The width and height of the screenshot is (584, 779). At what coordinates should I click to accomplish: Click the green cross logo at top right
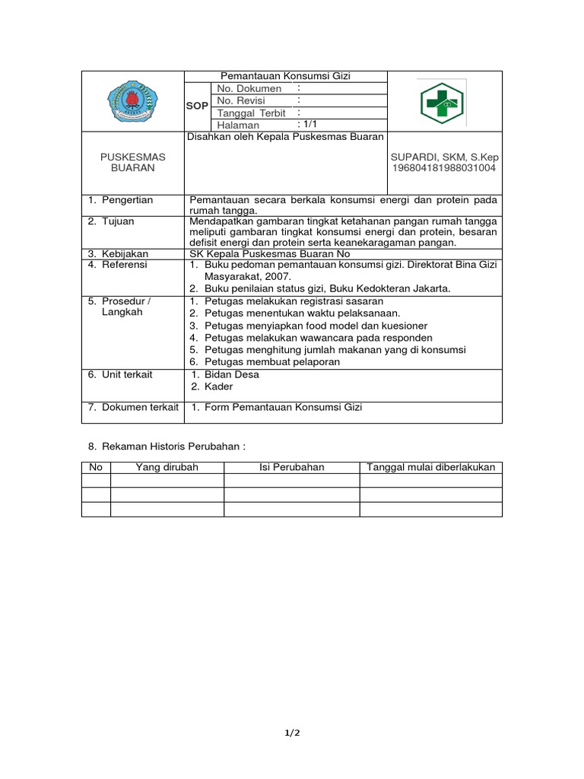(442, 102)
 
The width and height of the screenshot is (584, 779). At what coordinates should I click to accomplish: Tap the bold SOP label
(197, 107)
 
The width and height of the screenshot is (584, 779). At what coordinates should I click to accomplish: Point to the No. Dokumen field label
(249, 88)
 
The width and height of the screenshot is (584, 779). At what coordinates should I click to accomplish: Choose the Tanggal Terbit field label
(252, 113)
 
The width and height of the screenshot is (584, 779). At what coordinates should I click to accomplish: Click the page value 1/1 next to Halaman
(309, 124)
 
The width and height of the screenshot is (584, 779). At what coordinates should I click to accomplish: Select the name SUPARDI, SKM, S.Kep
(444, 157)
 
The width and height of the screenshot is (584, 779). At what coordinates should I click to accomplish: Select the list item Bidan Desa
(231, 374)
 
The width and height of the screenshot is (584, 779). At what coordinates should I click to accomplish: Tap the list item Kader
(218, 386)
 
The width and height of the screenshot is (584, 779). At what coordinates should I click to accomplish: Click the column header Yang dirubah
(167, 467)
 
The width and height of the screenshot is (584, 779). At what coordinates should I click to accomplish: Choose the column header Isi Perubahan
(291, 467)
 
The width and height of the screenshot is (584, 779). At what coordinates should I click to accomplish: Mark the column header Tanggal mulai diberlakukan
(430, 467)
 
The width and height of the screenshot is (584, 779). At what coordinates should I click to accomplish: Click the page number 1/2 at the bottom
(293, 733)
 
